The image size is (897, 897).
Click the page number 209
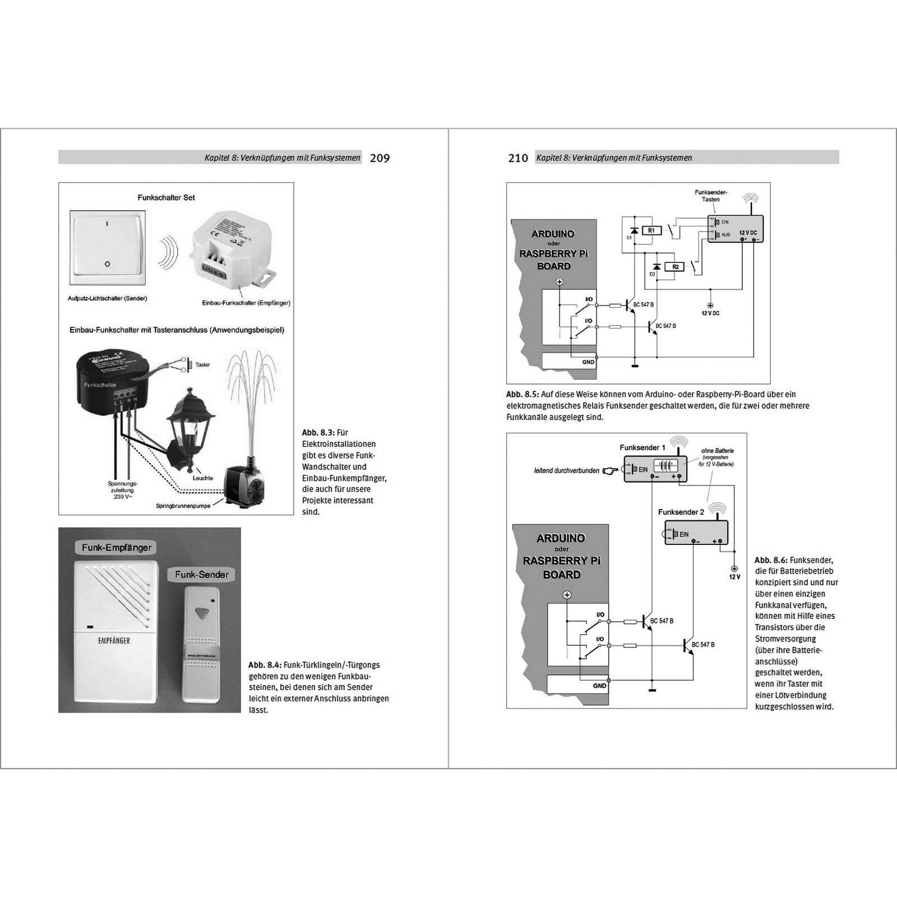pos(380,158)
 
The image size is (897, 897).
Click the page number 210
pos(517,158)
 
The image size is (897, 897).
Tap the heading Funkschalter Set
pos(166,198)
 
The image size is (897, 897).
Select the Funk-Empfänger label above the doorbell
pos(117,548)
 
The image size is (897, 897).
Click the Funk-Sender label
pos(201,575)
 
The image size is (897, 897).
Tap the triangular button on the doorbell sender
pos(201,613)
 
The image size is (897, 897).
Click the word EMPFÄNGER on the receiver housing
pos(114,641)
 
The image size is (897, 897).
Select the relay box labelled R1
pos(651,230)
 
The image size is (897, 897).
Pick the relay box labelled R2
pos(675,267)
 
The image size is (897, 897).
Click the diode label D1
pos(629,238)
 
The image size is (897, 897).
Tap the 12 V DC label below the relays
pos(710,313)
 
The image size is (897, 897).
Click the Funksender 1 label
pos(642,447)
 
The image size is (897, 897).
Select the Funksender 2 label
pos(681,512)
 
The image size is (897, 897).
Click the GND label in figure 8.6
pos(599,686)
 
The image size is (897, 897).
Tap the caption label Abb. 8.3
pos(318,433)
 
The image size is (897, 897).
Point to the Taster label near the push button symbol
pos(202,365)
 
